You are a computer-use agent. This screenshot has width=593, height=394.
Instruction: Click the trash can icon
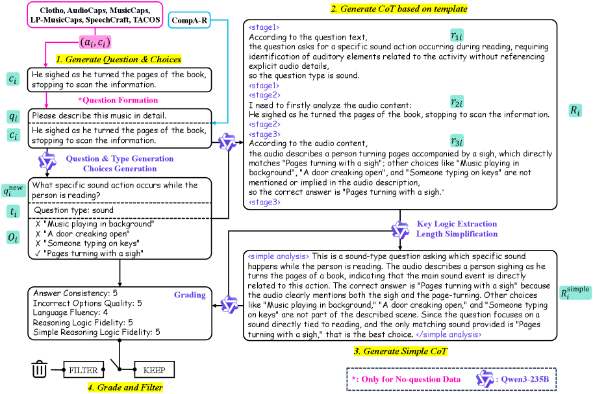click(x=40, y=371)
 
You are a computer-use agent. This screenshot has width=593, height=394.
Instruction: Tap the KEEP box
click(x=154, y=371)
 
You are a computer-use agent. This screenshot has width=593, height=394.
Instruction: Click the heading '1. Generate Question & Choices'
click(x=118, y=59)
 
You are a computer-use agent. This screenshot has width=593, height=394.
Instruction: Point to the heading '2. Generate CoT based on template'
click(x=399, y=9)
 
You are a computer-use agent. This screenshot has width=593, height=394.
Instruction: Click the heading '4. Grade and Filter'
click(x=125, y=388)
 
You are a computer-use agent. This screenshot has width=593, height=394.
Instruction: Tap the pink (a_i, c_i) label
click(x=95, y=42)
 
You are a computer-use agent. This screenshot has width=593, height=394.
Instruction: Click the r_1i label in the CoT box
click(x=457, y=37)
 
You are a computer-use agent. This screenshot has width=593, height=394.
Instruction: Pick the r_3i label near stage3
click(x=457, y=142)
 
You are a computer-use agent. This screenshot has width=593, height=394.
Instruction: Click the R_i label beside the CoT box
click(x=575, y=110)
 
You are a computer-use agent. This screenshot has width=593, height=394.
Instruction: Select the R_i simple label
click(x=575, y=293)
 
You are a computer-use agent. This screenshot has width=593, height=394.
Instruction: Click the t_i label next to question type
click(x=13, y=210)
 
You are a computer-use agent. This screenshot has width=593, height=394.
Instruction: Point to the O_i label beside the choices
click(x=13, y=238)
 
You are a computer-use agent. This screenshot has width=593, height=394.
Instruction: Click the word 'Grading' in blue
click(x=190, y=295)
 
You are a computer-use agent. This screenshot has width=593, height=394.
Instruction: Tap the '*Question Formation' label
click(x=118, y=100)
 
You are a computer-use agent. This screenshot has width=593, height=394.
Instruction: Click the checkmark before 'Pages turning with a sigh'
click(x=38, y=253)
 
